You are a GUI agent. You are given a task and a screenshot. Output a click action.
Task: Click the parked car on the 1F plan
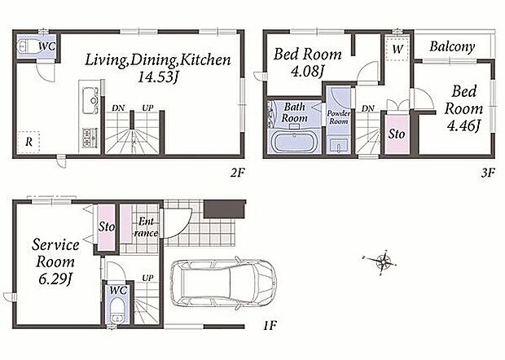point(224,283)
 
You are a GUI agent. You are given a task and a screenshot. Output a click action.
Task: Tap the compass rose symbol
point(383,261)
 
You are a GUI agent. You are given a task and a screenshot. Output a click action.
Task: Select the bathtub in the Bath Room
point(295,142)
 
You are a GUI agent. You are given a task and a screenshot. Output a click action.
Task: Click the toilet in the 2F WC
point(25,46)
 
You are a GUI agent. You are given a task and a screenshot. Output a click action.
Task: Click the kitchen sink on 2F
point(90,100)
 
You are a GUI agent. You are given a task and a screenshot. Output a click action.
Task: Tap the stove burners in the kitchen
point(90,138)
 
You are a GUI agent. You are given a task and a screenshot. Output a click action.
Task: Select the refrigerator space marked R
point(29,142)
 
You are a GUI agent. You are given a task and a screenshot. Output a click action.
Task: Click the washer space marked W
point(397,49)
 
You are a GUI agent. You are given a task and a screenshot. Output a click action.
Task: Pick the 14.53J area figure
point(157,77)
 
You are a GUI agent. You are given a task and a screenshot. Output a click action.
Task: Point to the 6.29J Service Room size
point(55,279)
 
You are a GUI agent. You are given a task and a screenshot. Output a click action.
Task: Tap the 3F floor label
point(488,173)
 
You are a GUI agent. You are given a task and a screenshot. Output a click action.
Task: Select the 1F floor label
point(270,326)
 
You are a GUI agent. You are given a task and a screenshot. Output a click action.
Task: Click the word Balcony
point(452,47)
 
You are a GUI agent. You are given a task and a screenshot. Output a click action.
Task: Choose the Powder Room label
point(339,117)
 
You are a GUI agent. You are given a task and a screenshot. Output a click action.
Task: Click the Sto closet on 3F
point(397,134)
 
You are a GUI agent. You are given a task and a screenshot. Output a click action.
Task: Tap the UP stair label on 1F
point(147,278)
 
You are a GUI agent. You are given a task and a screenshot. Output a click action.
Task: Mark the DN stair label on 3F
point(368,109)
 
